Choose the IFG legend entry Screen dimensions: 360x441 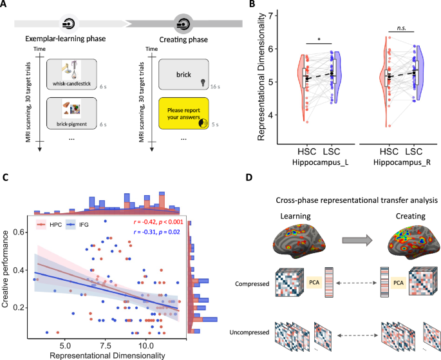(79, 223)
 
